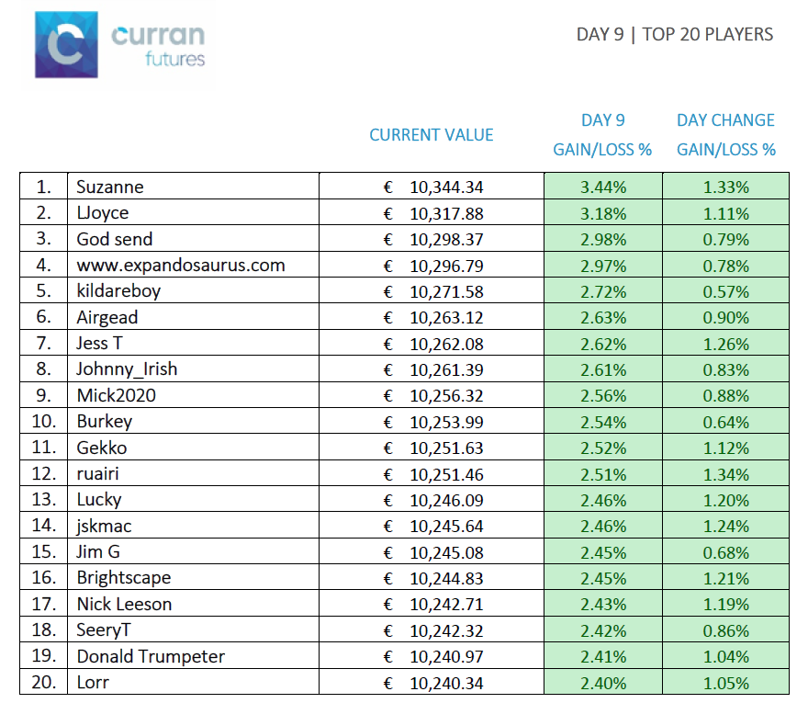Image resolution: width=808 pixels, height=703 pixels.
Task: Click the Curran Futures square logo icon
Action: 66,45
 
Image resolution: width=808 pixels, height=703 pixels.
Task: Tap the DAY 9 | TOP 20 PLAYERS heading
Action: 675,35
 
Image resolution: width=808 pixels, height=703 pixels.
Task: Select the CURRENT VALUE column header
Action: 432,135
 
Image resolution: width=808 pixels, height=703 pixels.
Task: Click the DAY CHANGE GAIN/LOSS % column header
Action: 725,134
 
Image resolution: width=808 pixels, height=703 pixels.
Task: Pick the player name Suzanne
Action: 110,187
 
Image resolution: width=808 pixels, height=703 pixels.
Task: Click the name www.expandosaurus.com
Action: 180,265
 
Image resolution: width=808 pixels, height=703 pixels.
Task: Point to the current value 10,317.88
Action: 446,213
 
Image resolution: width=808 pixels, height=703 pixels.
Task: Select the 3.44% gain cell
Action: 603,187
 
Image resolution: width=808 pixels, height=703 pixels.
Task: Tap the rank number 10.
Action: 44,422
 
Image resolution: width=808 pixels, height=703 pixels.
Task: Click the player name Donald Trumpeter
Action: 151,656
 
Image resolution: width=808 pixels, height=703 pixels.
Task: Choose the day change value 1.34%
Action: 725,474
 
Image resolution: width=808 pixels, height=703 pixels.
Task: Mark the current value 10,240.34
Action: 446,684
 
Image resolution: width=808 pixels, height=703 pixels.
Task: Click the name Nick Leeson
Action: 124,604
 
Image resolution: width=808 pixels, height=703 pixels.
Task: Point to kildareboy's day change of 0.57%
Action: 725,292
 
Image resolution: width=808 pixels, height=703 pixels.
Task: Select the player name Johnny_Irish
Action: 127,369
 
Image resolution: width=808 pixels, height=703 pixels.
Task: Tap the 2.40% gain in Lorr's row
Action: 603,684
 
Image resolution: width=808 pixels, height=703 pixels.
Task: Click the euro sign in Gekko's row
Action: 388,448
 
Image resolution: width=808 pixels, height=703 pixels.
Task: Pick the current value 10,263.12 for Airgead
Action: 446,318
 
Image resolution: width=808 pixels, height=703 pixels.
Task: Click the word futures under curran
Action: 175,60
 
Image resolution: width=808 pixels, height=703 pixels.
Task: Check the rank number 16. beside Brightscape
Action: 44,578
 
